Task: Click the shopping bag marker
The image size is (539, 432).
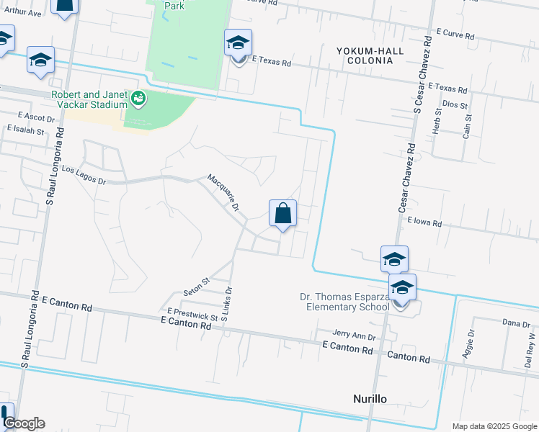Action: click(282, 214)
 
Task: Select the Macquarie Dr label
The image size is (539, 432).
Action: click(223, 192)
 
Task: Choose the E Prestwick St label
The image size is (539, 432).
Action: click(192, 315)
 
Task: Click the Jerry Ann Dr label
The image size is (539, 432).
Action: click(355, 335)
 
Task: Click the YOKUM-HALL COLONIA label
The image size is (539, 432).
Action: click(365, 55)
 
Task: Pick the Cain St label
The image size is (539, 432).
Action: click(468, 126)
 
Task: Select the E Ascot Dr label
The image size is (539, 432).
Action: click(35, 117)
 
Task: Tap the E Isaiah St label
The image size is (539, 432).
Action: click(26, 131)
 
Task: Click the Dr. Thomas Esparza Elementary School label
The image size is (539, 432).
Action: click(344, 302)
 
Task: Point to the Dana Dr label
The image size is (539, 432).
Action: click(516, 323)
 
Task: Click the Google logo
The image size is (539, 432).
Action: click(23, 423)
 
